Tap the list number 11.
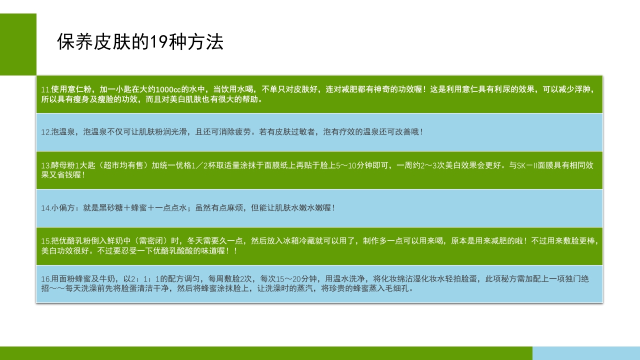[x=45, y=89]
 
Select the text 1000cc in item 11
[x=168, y=89]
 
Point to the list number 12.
[x=45, y=132]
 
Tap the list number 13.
[x=45, y=165]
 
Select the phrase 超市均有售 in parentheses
[x=123, y=165]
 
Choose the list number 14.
[x=45, y=208]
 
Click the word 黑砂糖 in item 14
[x=111, y=207]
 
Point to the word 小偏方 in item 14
[x=63, y=207]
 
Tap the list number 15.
[x=45, y=241]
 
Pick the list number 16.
[x=45, y=279]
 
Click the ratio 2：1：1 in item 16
[x=145, y=279]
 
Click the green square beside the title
[x=18, y=44]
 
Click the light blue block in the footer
[x=586, y=353]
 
